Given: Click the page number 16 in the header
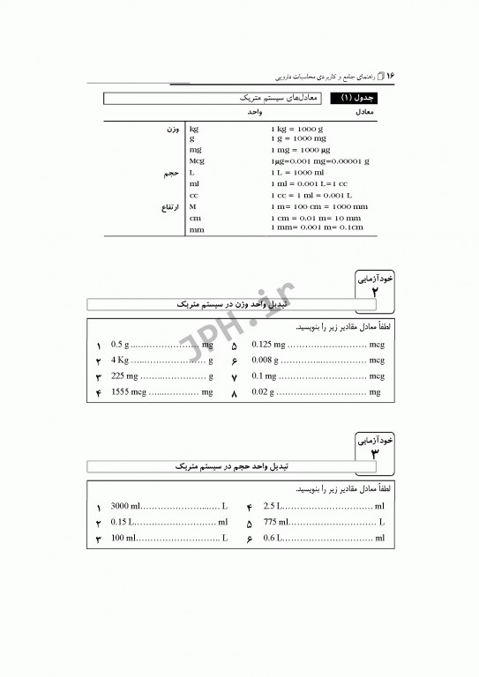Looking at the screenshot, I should click(390, 76).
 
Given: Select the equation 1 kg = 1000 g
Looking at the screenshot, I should click(297, 130).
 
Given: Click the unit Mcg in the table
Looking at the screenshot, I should click(197, 162).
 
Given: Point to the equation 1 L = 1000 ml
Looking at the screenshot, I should click(298, 173).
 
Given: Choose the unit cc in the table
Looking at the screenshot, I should click(193, 195).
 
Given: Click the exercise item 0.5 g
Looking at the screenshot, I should click(120, 346).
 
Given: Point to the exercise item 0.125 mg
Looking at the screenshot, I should click(268, 346).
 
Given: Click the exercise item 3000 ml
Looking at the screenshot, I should click(125, 506).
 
